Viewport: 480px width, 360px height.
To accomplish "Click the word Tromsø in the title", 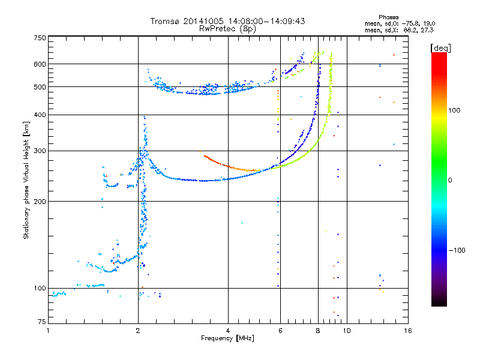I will click(166, 21).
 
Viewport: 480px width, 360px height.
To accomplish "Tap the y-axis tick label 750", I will click(39, 38).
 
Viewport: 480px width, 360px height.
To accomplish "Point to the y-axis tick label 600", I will click(39, 64).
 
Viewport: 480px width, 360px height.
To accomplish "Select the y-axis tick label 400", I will click(39, 115).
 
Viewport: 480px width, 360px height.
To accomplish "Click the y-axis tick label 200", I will click(39, 202).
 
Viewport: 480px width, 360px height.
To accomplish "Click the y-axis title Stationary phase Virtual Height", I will click(26, 180).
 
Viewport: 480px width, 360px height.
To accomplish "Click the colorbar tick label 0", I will click(451, 180).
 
